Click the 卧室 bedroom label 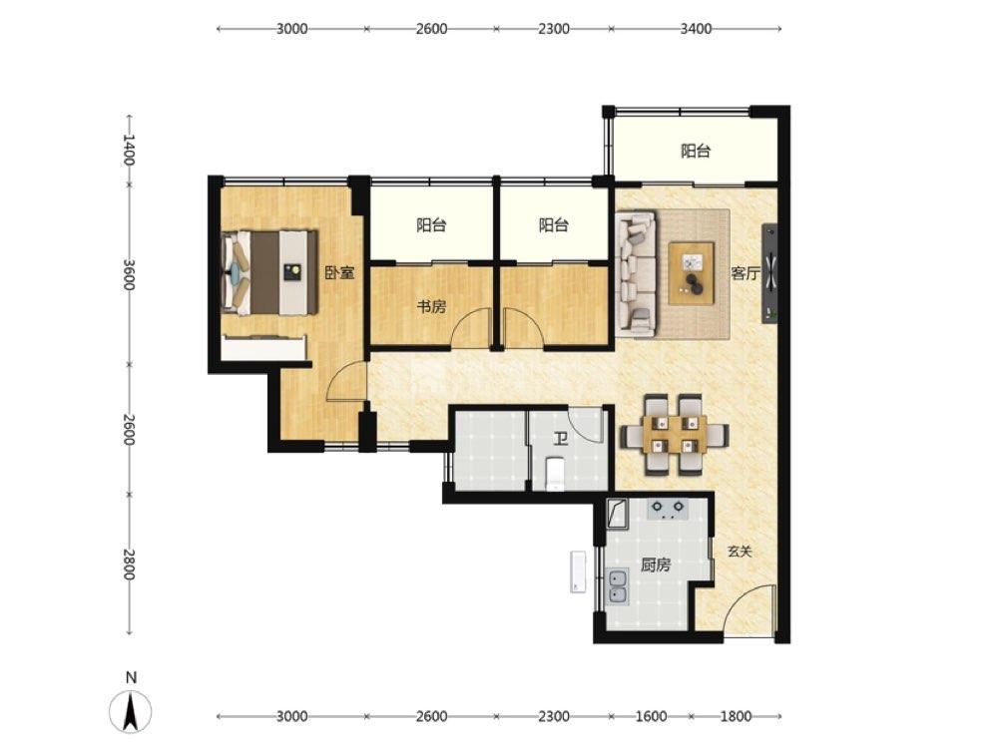(339, 273)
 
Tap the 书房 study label (431, 307)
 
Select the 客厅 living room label (746, 274)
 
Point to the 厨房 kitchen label (655, 564)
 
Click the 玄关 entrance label (740, 552)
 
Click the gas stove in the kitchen (669, 509)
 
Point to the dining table (675, 435)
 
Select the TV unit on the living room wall (770, 274)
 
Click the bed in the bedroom (269, 272)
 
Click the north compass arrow (131, 711)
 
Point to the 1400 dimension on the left (129, 151)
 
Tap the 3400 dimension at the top (696, 29)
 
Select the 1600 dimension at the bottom (651, 716)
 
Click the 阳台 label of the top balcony (696, 152)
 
